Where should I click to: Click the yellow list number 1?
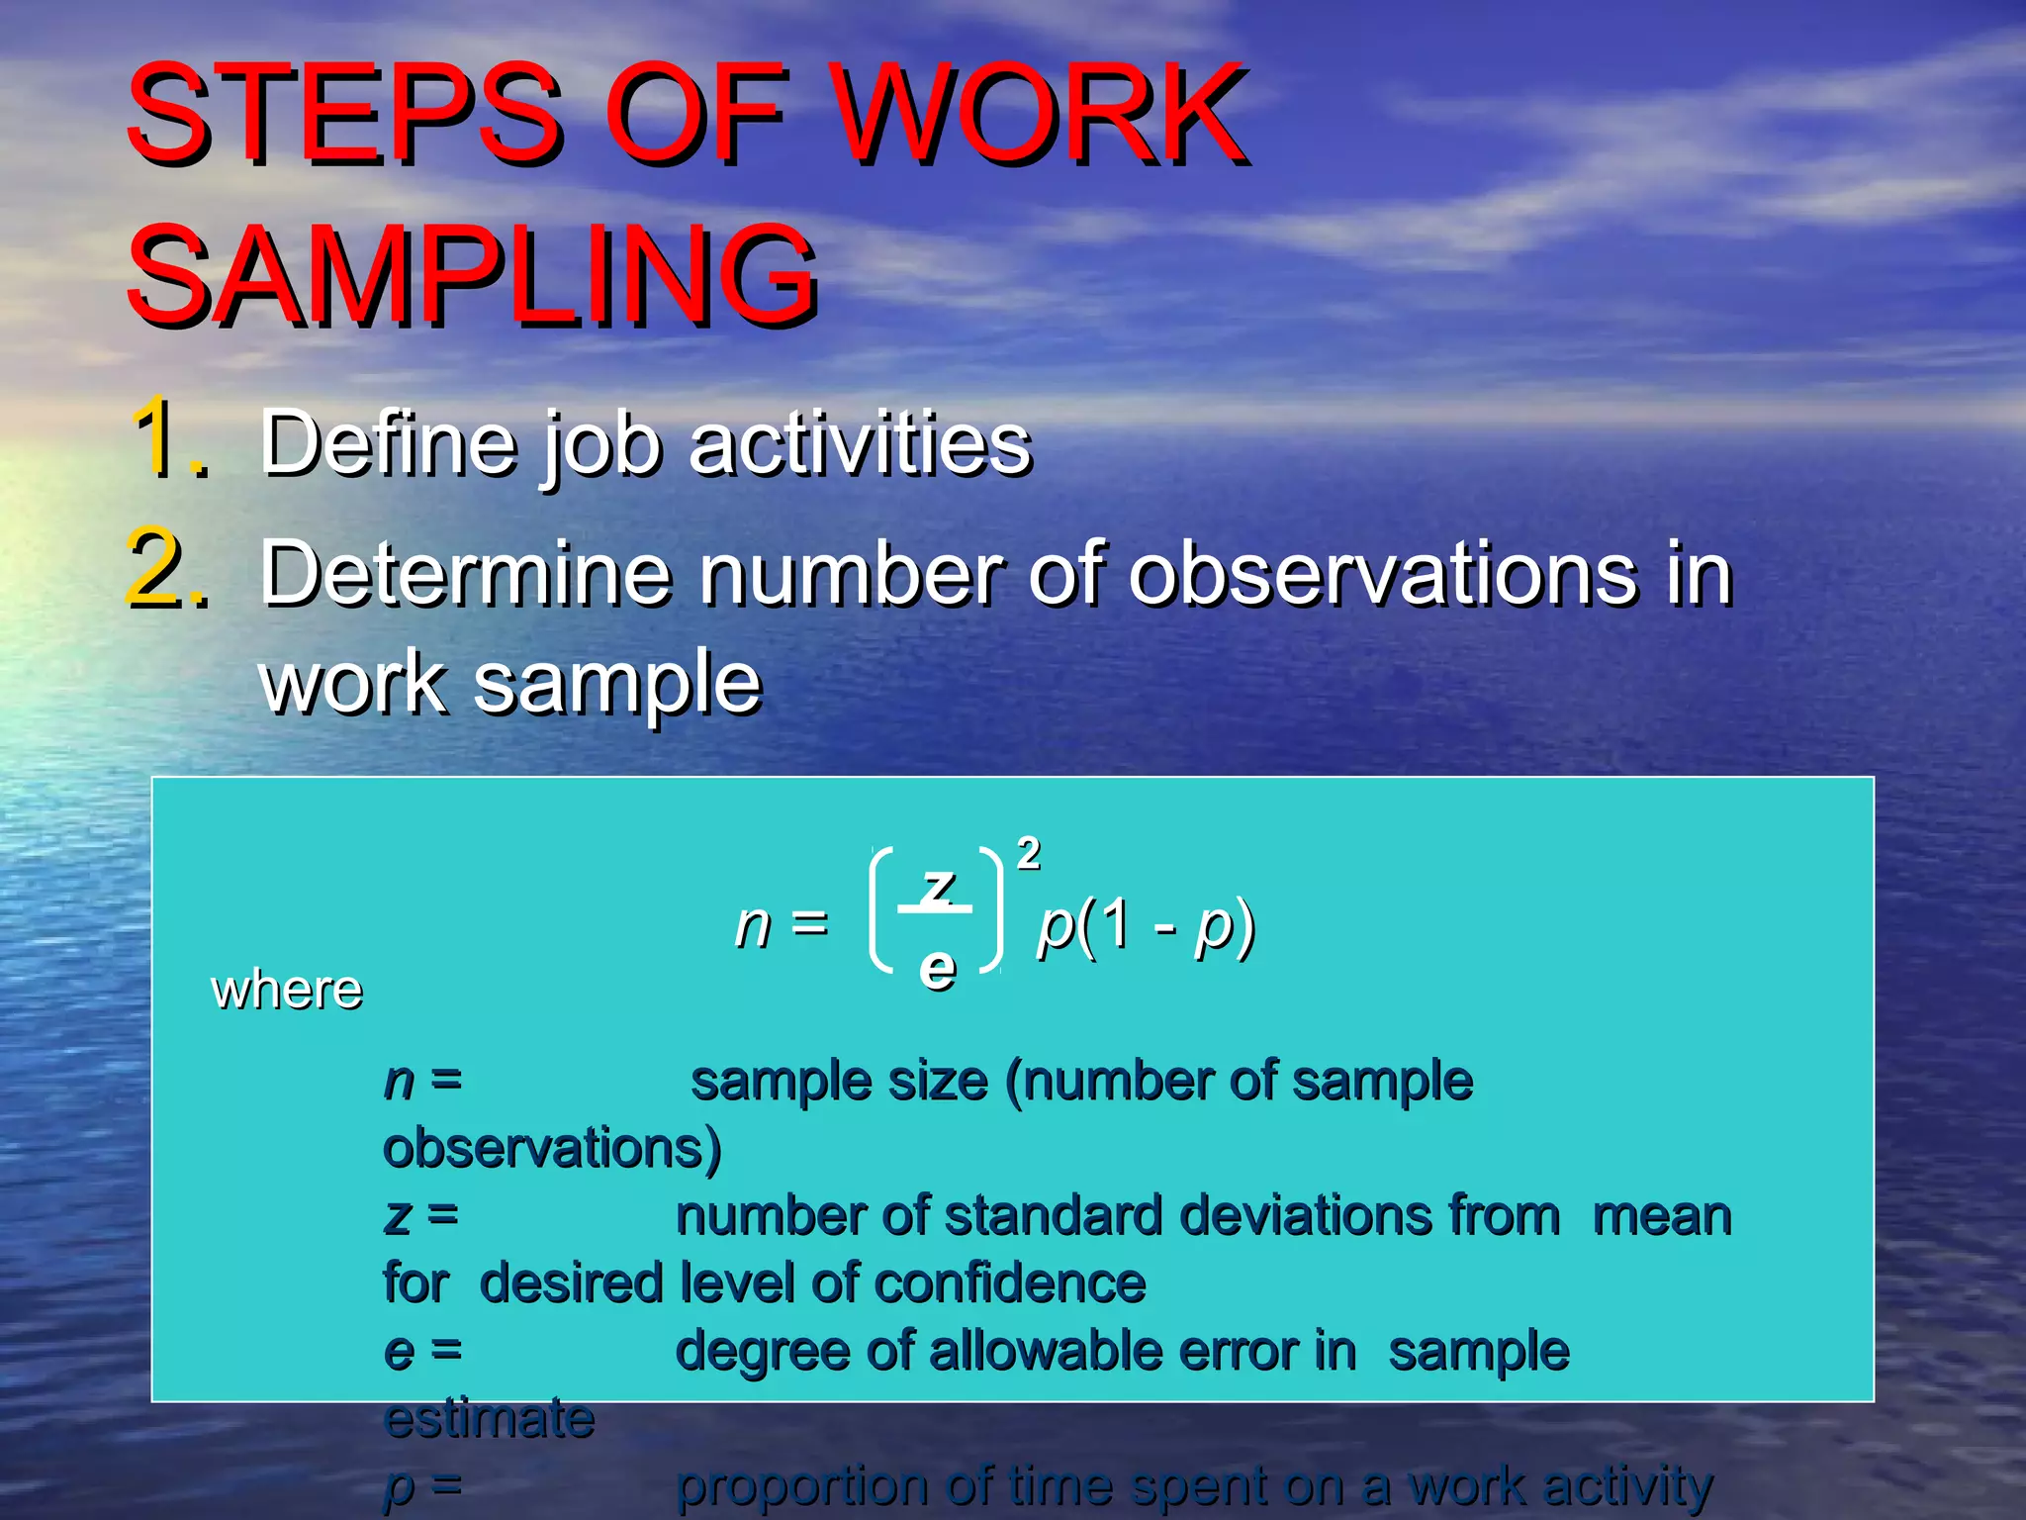[168, 437]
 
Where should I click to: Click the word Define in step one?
[389, 442]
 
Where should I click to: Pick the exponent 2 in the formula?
[1029, 853]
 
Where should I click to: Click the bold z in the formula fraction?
[937, 883]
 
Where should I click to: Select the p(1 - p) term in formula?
[1146, 926]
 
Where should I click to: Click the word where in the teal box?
[287, 990]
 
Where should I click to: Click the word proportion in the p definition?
[801, 1486]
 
